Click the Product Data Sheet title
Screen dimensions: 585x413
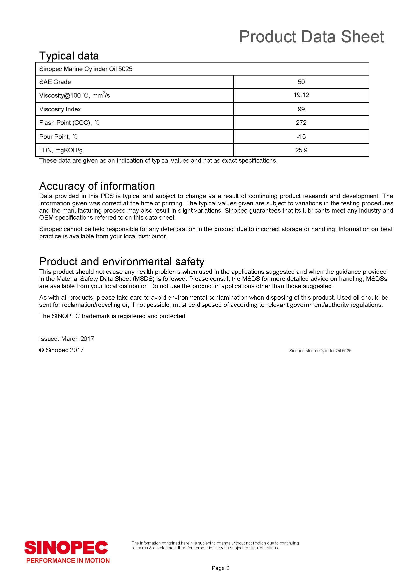coord(311,37)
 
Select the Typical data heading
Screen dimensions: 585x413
coord(69,56)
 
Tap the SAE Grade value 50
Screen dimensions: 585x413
coord(301,82)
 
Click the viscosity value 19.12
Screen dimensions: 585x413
coord(301,95)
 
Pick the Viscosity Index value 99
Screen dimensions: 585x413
coord(301,109)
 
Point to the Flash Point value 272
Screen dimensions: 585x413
coord(301,123)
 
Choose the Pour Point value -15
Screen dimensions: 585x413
coord(301,137)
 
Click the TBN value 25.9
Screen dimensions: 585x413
coord(301,150)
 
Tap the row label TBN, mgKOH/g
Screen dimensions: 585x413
coord(61,150)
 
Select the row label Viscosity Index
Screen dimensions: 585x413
coord(60,109)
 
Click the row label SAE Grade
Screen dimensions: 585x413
coord(55,82)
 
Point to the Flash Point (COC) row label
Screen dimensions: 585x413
coord(69,123)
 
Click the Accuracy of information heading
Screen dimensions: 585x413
coord(97,186)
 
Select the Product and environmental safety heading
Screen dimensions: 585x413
coord(122,262)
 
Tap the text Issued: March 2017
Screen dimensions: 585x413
coord(66,339)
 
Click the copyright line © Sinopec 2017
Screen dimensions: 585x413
coord(61,350)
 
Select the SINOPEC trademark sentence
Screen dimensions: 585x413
coord(113,316)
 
